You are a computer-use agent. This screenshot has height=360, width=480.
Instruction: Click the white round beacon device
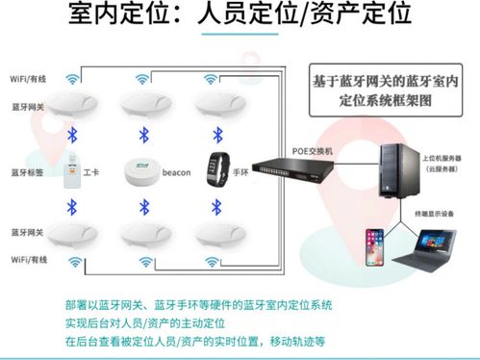tap(142, 170)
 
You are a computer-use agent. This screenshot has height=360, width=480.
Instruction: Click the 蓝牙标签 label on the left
tap(27, 174)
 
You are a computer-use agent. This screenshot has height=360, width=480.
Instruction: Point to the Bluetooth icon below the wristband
tap(214, 206)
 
